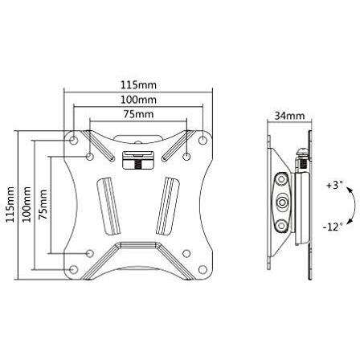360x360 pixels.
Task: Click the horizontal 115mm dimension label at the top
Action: click(137, 84)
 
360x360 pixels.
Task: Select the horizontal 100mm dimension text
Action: click(137, 100)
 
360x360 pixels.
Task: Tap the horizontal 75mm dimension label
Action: click(137, 115)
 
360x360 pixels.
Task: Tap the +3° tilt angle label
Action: click(334, 184)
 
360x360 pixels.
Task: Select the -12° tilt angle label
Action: click(334, 226)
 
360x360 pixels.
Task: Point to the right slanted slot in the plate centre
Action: click(170, 205)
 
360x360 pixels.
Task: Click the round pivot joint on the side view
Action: click(283, 199)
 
